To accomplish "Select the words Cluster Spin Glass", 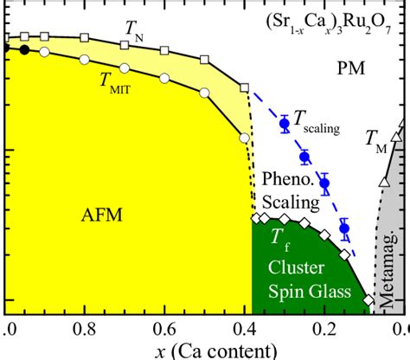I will pos(296,279).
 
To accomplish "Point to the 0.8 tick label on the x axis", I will pos(85,329).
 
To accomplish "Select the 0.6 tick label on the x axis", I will pos(166,329).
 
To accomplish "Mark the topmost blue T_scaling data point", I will pos(284,124).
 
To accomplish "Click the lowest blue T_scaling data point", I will pos(344,228).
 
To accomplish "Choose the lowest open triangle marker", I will pos(384,182).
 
